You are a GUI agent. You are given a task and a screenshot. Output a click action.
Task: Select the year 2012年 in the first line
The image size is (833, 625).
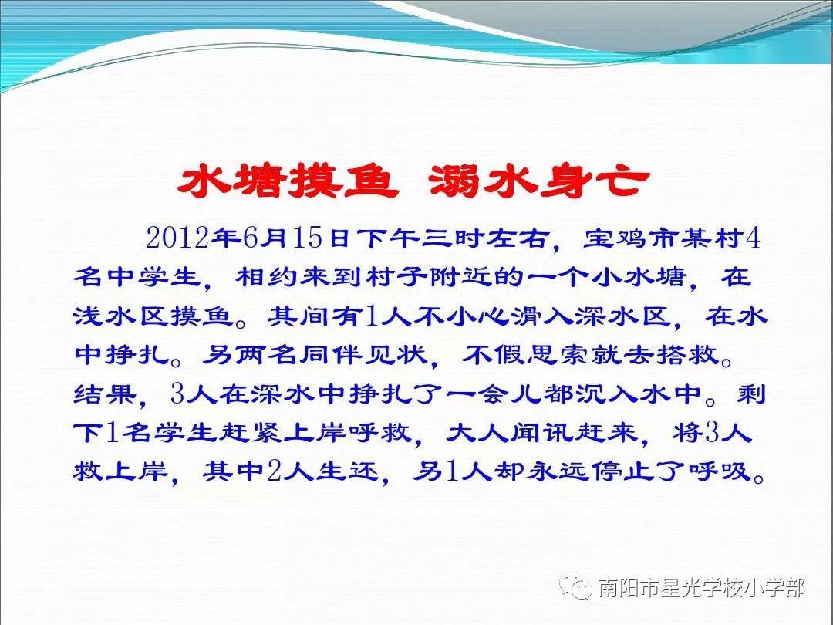click(x=191, y=238)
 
